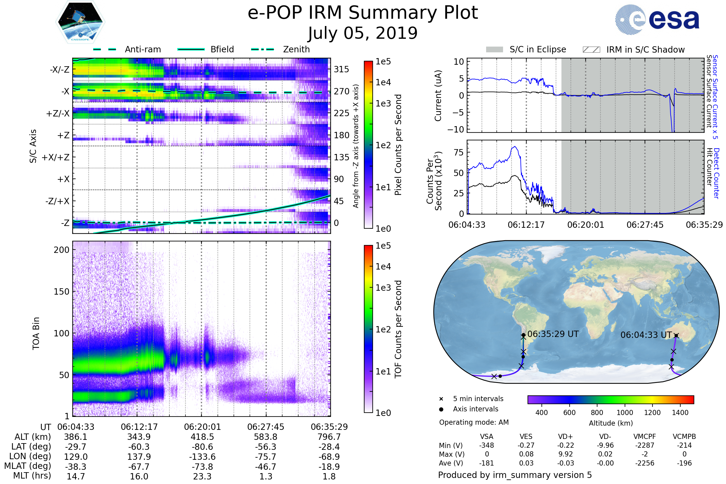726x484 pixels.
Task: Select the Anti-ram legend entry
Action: click(x=142, y=49)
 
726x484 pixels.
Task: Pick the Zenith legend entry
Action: click(x=296, y=49)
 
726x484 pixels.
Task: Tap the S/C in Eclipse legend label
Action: click(x=538, y=49)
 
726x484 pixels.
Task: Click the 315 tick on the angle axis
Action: click(x=342, y=69)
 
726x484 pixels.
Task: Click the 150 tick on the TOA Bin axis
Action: click(x=61, y=292)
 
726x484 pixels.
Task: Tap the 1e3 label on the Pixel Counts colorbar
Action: click(x=383, y=103)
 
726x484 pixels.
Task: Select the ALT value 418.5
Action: click(x=202, y=437)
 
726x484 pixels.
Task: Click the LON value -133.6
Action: click(x=202, y=456)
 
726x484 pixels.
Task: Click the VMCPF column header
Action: click(x=645, y=437)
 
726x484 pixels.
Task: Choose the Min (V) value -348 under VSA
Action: click(x=486, y=445)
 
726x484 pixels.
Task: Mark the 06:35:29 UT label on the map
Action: click(x=553, y=334)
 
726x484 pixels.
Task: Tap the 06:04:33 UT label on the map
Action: click(x=646, y=335)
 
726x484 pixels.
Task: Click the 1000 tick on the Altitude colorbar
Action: click(x=625, y=413)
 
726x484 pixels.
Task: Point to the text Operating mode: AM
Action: click(x=474, y=422)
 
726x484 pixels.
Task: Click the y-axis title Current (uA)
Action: click(x=438, y=96)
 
